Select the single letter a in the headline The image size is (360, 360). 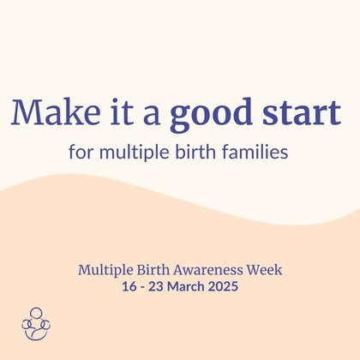coord(149,116)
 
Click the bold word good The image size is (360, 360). coord(205,115)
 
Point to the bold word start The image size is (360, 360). coord(297,113)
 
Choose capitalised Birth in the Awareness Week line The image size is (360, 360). coord(155,269)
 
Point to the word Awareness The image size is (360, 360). coord(209,269)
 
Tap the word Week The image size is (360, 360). coord(263,269)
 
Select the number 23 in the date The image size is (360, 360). coord(155,286)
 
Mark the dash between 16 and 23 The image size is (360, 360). coord(142,287)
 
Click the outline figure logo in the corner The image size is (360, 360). coord(35,323)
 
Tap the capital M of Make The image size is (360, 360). coord(27,113)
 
